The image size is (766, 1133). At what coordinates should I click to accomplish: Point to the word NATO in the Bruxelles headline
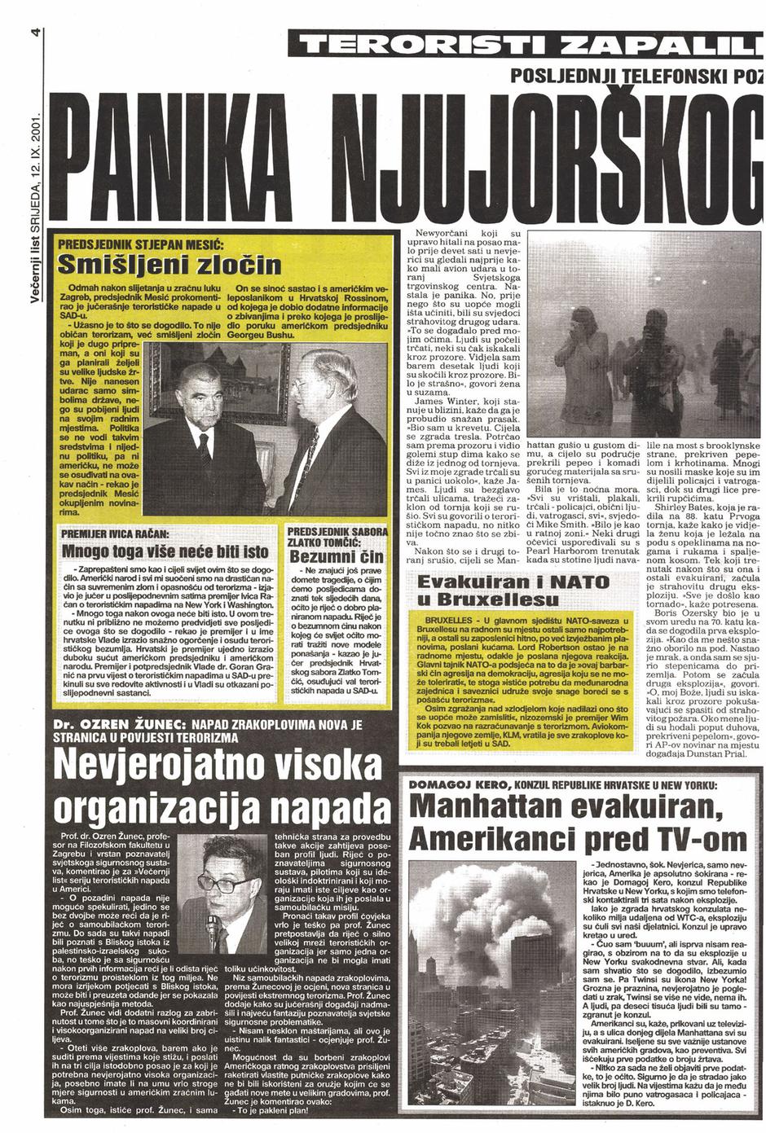click(565, 582)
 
